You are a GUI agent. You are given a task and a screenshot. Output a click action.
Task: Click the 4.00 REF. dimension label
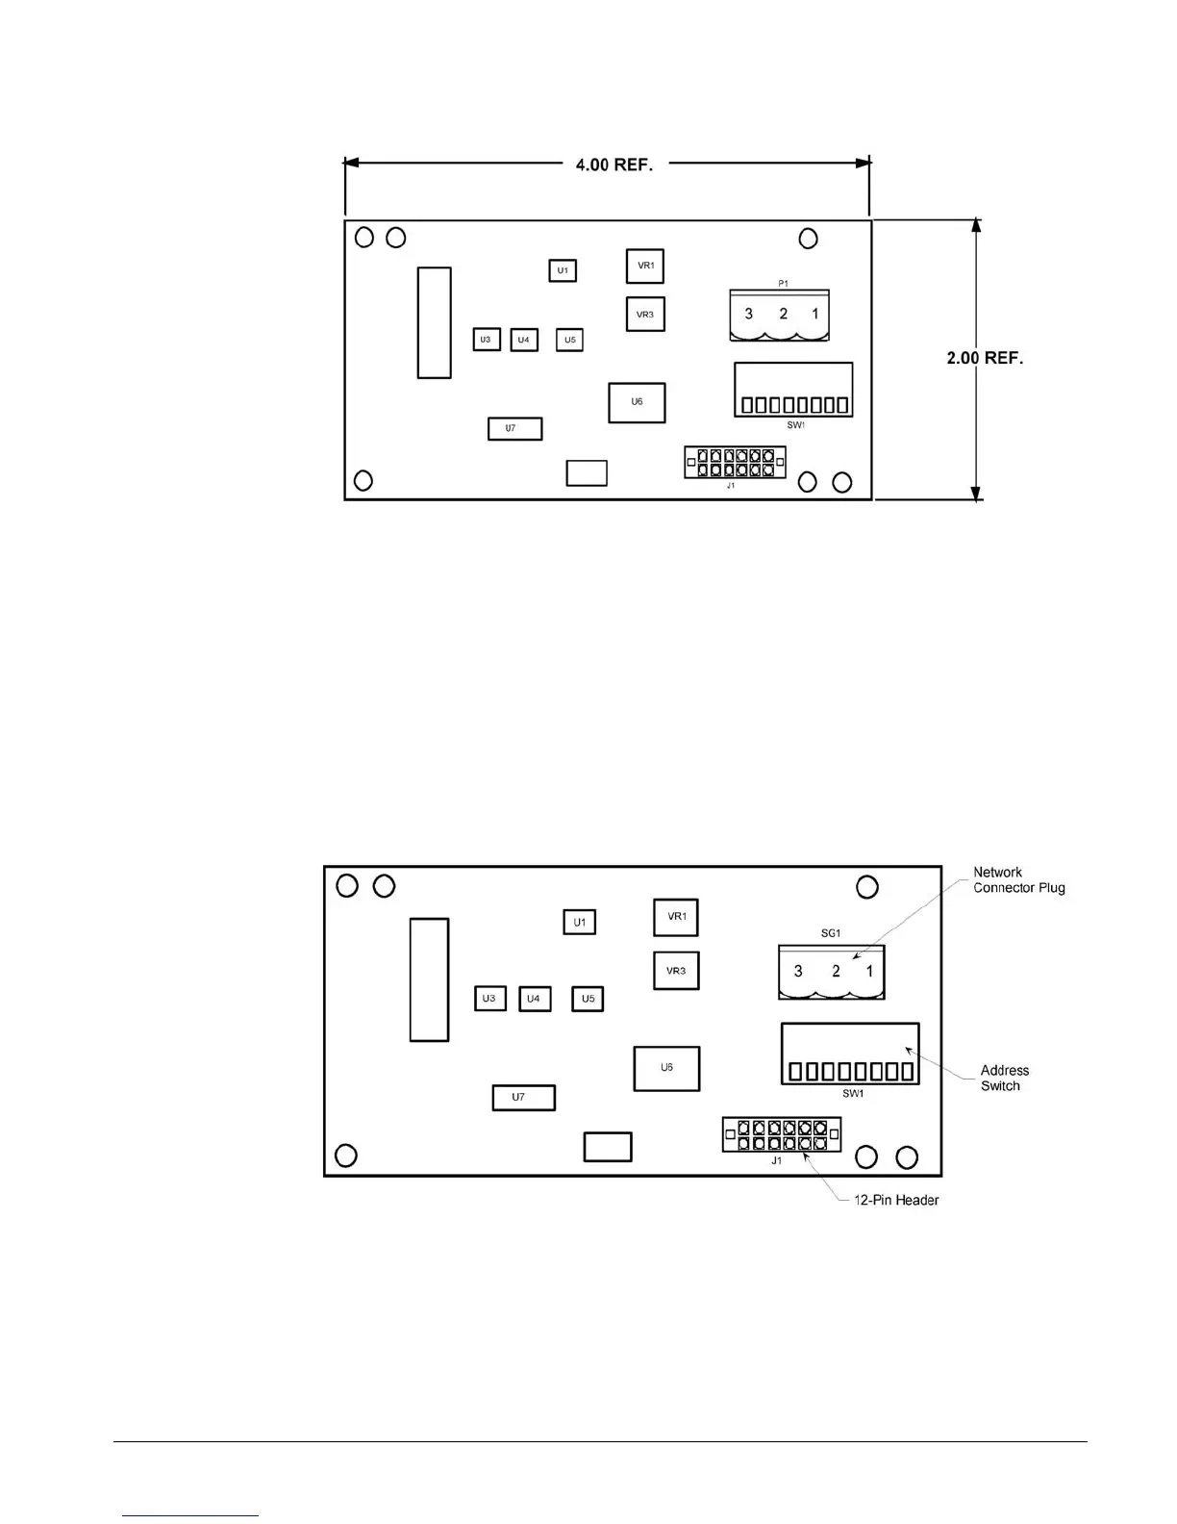[614, 165]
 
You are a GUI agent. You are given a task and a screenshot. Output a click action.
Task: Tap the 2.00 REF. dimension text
[985, 358]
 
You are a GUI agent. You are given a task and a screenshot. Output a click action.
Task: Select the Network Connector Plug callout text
[1018, 880]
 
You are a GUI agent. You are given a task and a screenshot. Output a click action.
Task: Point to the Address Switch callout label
[1004, 1078]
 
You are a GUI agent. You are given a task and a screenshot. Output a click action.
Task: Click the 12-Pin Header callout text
[896, 1200]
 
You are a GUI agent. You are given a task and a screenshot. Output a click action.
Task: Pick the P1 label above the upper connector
[783, 284]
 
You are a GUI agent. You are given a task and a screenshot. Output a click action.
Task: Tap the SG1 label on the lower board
[831, 933]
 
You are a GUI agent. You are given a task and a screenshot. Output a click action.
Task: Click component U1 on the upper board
[563, 270]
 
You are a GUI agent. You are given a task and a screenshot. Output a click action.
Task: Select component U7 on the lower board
[523, 1098]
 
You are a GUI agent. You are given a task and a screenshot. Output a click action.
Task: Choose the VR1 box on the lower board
[676, 917]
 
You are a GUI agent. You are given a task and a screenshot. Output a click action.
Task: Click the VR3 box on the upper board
[645, 315]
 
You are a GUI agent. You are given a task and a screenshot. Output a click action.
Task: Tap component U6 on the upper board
[637, 402]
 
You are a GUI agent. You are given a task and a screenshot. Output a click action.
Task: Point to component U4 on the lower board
[534, 999]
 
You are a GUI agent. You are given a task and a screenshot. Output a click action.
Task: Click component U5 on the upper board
[569, 340]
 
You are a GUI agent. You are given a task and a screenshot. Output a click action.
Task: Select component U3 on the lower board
[489, 998]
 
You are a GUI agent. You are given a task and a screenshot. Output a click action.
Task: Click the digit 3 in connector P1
[749, 314]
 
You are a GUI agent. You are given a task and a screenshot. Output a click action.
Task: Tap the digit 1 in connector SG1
[869, 971]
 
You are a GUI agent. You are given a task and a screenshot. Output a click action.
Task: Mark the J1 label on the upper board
[731, 486]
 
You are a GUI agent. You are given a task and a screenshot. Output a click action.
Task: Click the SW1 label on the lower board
[852, 1093]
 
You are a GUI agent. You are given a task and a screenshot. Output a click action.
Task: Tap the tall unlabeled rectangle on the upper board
[434, 322]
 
